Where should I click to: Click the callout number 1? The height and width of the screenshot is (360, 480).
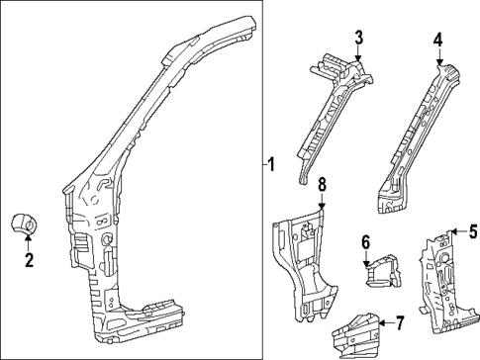point(272,164)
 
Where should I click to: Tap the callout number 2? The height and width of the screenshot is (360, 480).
point(29,261)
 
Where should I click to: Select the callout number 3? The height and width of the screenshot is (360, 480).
point(360,38)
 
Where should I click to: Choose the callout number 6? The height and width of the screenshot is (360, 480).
point(365,242)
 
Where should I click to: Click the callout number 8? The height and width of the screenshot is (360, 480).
point(321,184)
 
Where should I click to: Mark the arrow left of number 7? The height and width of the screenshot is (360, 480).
point(384,322)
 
